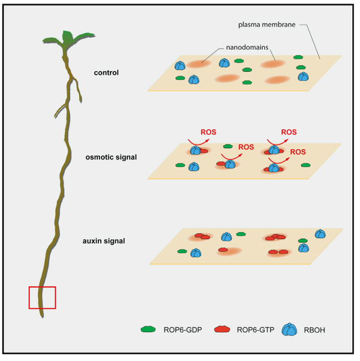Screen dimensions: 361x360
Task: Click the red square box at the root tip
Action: pos(42,297)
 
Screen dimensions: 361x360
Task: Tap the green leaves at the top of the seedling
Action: pos(62,40)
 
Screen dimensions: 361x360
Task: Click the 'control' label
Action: pos(107,73)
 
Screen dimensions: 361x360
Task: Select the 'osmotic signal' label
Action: pos(112,157)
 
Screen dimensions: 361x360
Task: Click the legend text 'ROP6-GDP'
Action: pos(178,329)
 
